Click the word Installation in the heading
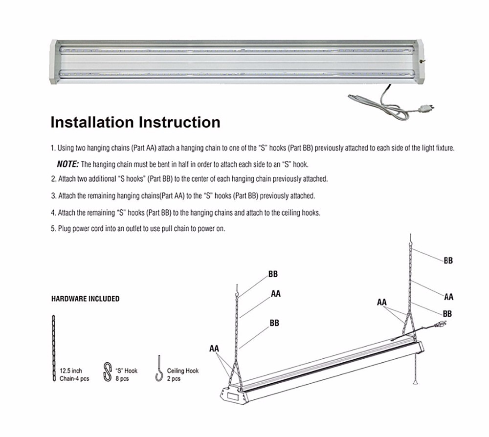point(92,122)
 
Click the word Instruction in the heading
point(179,122)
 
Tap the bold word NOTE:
point(67,164)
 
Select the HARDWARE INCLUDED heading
point(85,299)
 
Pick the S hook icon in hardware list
point(108,371)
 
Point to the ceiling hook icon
point(159,369)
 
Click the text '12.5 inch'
point(71,371)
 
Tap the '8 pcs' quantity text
point(122,379)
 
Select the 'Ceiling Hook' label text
point(183,371)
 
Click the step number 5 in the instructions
point(53,228)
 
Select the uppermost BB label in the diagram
point(448,261)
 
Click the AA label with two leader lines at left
point(214,349)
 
